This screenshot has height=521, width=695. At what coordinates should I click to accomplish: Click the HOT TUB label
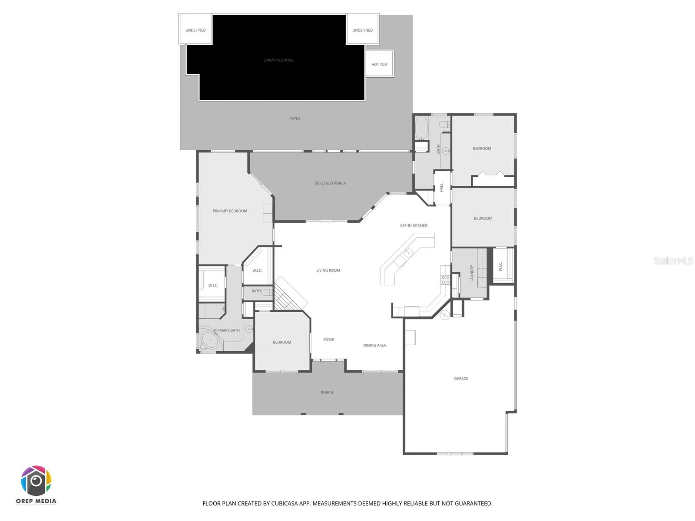379,64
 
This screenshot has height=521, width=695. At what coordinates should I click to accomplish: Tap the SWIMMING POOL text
278,60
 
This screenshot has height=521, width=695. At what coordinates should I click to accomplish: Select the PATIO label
295,119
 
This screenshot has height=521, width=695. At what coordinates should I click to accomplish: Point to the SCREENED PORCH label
331,183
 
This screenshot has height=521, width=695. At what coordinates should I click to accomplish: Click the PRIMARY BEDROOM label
230,211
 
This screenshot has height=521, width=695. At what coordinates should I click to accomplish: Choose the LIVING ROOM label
328,270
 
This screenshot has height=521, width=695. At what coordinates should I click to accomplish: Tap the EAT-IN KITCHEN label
414,225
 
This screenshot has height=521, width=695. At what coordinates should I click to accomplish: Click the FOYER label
329,340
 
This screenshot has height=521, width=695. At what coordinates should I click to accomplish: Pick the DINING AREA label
374,346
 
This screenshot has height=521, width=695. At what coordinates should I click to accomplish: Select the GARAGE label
461,379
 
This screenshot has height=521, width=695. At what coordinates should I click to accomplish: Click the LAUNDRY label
472,273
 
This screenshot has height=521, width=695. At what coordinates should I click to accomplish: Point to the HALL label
442,188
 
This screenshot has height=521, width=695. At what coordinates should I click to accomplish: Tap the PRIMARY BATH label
227,330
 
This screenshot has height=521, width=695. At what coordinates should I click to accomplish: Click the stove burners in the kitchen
445,280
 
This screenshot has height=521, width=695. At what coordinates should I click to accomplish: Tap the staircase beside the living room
289,295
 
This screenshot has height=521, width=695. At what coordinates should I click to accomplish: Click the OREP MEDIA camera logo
36,481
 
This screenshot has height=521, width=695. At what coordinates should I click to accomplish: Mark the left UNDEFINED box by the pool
195,30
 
